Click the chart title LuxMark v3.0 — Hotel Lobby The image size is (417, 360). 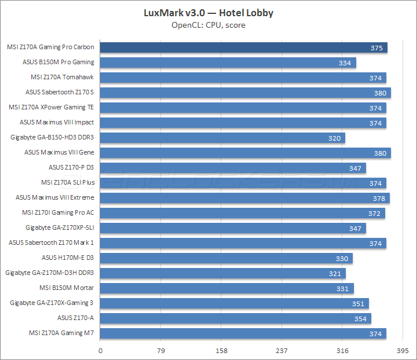208,13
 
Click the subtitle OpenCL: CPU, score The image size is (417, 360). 208,25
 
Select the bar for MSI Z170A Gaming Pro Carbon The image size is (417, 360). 244,47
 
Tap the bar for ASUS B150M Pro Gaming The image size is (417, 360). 228,63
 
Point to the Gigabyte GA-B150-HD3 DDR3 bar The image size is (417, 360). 223,138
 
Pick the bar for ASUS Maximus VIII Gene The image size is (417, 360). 246,153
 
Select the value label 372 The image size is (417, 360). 375,213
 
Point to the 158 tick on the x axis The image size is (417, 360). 222,351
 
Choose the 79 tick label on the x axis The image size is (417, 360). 161,351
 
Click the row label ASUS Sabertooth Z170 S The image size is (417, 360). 60,93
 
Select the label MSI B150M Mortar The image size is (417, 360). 67,288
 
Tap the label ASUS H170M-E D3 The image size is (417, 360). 68,258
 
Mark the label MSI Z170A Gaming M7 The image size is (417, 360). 61,333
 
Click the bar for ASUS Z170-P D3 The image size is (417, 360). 233,168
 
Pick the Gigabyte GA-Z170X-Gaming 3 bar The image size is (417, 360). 235,303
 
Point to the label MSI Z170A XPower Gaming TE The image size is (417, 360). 52,108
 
